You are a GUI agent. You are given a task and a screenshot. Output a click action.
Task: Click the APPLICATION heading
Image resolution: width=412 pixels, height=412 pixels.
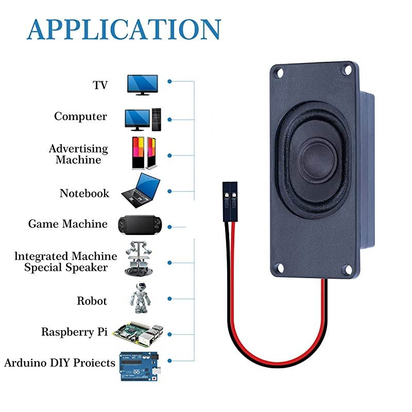click(x=124, y=29)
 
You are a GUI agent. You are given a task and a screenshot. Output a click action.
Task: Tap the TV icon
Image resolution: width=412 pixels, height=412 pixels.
click(x=143, y=84)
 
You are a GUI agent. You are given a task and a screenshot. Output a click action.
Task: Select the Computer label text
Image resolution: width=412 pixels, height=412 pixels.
click(x=80, y=116)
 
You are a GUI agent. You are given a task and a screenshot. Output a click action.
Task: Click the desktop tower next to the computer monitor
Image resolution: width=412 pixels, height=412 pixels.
click(x=157, y=119)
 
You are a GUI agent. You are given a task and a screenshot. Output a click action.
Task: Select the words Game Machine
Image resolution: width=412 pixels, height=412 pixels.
click(x=67, y=224)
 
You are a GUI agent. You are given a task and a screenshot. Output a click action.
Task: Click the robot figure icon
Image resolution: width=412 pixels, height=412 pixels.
click(x=140, y=297)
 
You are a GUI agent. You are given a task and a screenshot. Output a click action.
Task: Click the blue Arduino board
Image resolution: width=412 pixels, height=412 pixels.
click(x=139, y=366)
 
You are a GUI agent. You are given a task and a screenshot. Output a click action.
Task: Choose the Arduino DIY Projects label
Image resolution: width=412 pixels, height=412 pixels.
click(x=60, y=363)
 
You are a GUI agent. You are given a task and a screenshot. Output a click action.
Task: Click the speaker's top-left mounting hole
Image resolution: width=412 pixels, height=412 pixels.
click(x=281, y=73)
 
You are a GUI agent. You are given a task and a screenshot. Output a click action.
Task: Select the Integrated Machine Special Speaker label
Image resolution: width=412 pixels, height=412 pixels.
click(x=65, y=262)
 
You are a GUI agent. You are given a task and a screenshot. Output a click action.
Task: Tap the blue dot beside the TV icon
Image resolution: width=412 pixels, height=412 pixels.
click(x=169, y=81)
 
